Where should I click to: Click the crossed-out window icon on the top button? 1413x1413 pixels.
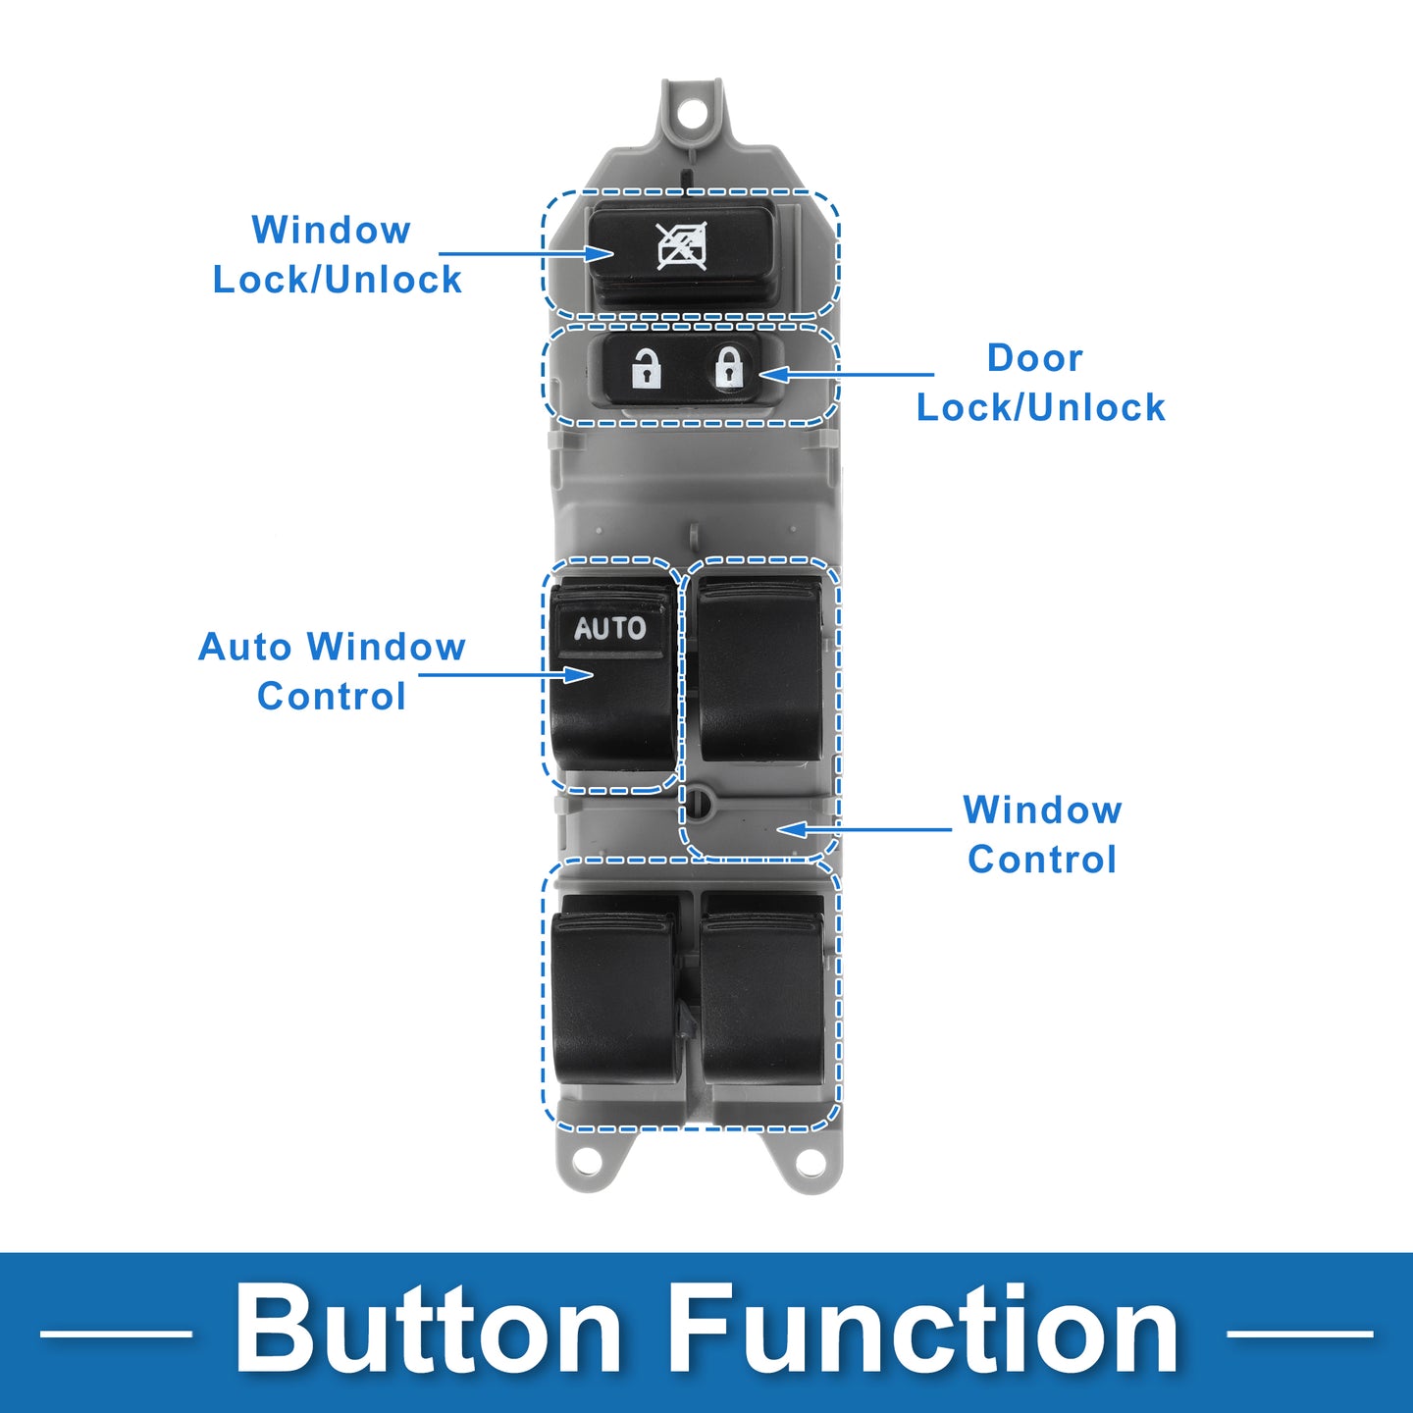click(682, 246)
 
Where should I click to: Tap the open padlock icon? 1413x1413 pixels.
click(646, 368)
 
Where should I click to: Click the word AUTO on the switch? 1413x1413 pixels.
click(610, 628)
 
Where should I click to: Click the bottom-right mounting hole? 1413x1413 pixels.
click(810, 1160)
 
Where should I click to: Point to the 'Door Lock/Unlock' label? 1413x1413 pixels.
click(1040, 383)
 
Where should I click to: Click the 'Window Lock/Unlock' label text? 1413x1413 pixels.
click(337, 254)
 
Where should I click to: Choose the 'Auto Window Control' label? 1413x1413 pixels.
click(332, 671)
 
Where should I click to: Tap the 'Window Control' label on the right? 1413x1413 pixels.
click(1042, 834)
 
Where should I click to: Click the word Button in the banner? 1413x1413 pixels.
click(428, 1329)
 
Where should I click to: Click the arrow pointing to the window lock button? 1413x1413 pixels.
click(526, 254)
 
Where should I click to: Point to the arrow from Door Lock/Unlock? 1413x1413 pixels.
click(846, 374)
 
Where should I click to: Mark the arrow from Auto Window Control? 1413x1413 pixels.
click(506, 674)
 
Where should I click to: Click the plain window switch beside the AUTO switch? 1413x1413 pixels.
click(759, 669)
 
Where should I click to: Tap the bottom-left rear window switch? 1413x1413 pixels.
click(613, 989)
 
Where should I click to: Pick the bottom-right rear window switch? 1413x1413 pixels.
click(762, 989)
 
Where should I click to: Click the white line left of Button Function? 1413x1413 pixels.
click(116, 1334)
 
